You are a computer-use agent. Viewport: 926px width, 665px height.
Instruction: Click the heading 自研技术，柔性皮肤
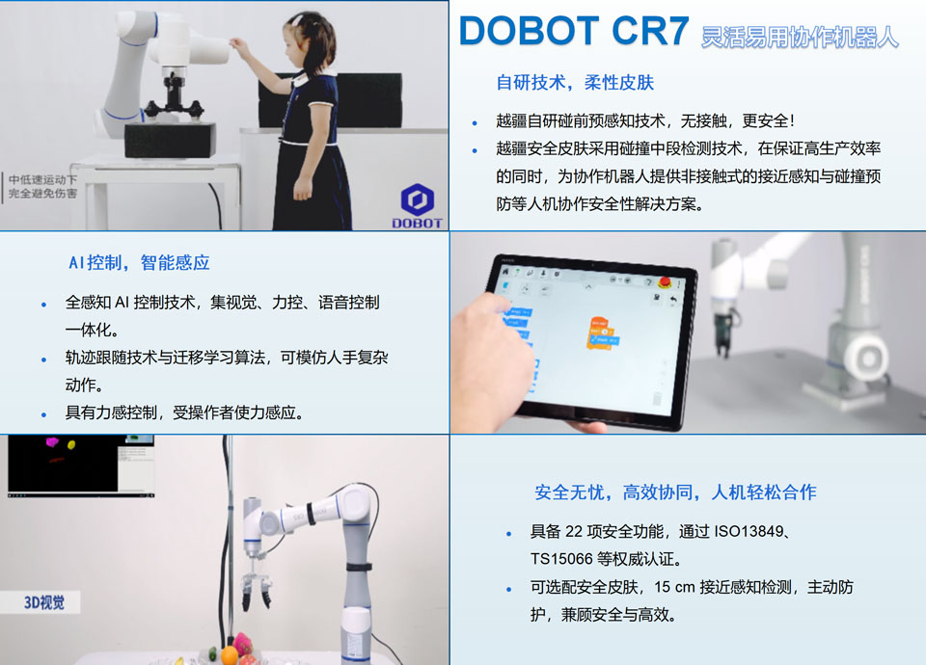point(575,83)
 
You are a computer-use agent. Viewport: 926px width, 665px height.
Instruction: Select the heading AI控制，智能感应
point(139,262)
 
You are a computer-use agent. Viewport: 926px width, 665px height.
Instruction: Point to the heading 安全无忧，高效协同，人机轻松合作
point(675,492)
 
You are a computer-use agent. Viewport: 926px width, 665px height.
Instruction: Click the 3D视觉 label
point(46,604)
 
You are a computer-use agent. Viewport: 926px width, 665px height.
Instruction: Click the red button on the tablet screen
point(665,280)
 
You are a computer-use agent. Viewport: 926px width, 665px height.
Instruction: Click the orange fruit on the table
point(229,654)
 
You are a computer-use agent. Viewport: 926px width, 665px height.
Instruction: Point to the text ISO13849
point(753,532)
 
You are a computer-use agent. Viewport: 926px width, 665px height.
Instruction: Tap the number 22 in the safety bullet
point(574,532)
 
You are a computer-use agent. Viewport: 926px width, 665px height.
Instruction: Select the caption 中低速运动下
point(44,179)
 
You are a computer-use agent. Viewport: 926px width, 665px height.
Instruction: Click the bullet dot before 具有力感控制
point(44,413)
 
